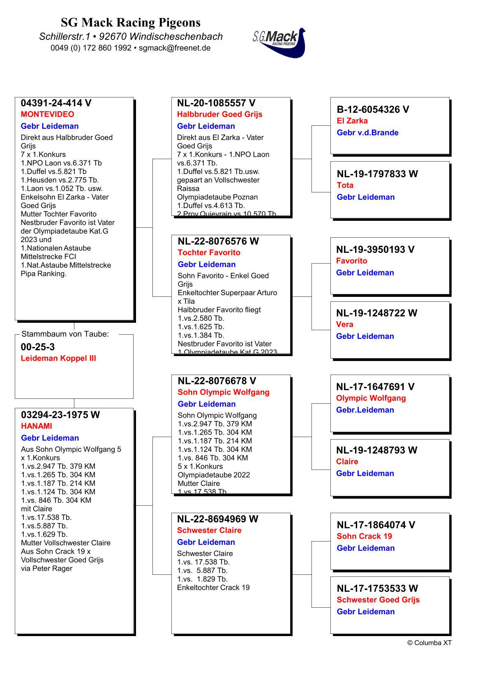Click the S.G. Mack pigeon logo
click(x=279, y=42)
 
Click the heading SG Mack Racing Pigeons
click(x=131, y=22)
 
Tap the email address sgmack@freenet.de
click(x=175, y=48)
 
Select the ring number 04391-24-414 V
click(x=56, y=103)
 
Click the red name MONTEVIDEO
click(x=47, y=114)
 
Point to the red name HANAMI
click(x=37, y=426)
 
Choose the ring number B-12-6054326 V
click(x=373, y=109)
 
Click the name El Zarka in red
click(x=352, y=121)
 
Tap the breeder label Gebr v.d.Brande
click(x=367, y=132)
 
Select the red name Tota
click(x=345, y=185)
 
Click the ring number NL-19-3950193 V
click(x=375, y=250)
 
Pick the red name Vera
click(x=344, y=324)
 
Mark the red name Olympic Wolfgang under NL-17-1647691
click(x=371, y=398)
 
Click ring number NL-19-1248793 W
click(x=376, y=450)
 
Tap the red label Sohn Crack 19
click(x=364, y=536)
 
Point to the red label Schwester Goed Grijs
click(x=378, y=600)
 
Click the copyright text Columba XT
click(x=429, y=643)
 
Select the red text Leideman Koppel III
click(x=58, y=358)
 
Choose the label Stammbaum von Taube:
click(x=65, y=334)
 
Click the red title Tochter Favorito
click(x=209, y=252)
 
